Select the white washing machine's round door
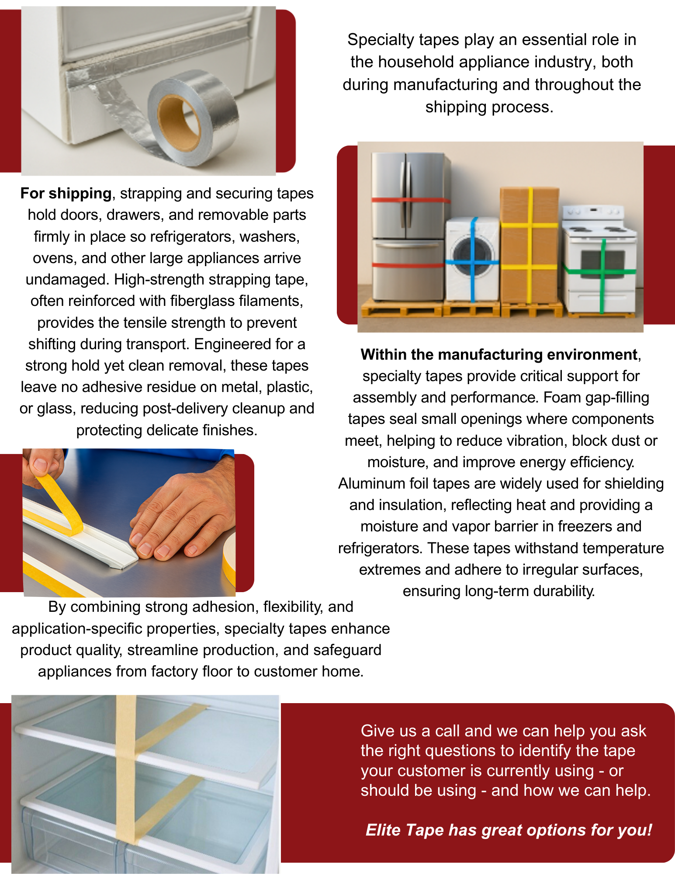click(472, 257)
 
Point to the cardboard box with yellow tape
click(529, 245)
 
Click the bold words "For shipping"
click(66, 193)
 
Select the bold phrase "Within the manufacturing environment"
click(499, 354)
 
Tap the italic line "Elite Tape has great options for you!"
click(509, 830)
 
